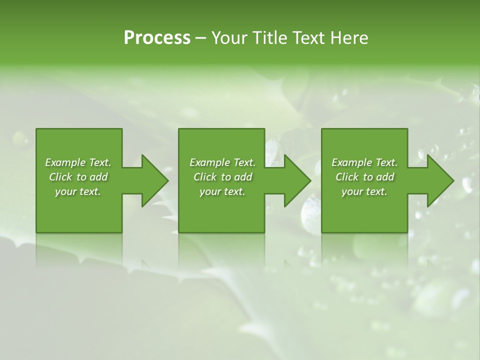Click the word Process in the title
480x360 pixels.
click(157, 38)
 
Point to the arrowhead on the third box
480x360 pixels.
click(439, 180)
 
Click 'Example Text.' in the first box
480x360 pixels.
click(78, 162)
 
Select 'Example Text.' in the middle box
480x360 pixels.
click(222, 162)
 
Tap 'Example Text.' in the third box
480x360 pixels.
click(364, 162)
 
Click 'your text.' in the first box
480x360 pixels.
click(78, 191)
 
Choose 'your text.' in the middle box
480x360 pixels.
click(222, 191)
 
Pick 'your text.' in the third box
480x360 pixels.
click(364, 191)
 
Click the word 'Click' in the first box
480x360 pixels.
click(60, 177)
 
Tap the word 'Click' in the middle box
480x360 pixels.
click(205, 177)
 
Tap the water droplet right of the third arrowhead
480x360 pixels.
click(467, 184)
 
